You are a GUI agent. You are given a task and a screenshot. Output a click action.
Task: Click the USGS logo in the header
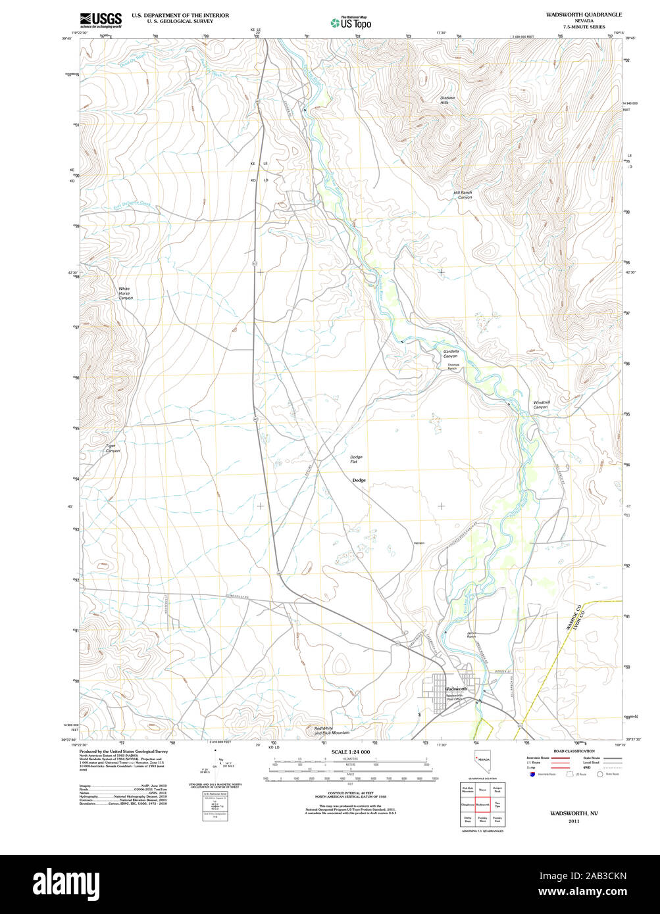(x=101, y=20)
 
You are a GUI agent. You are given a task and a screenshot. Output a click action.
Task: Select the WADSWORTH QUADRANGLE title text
(x=574, y=14)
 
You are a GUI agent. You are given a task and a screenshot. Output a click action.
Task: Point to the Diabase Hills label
(x=447, y=100)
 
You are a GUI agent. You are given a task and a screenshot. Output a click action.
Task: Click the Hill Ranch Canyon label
(x=463, y=195)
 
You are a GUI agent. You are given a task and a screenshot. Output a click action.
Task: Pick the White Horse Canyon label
(x=125, y=293)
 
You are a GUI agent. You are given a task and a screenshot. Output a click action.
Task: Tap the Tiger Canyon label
(x=113, y=448)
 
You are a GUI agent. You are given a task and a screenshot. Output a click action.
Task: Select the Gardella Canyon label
(x=450, y=354)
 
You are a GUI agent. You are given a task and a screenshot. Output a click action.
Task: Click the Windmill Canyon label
(x=540, y=404)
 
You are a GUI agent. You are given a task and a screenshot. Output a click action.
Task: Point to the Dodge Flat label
(x=356, y=459)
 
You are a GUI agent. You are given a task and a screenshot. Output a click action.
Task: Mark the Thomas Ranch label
(x=453, y=366)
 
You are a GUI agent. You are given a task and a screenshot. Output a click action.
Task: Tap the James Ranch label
(x=471, y=636)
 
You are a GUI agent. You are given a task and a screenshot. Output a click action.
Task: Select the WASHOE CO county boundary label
(x=570, y=620)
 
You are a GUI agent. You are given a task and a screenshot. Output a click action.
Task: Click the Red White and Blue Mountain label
(x=332, y=730)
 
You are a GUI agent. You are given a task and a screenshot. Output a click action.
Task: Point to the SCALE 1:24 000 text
(x=351, y=752)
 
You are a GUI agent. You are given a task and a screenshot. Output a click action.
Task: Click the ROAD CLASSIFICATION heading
(x=574, y=751)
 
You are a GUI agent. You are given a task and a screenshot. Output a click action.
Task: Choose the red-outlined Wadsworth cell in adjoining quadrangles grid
(x=482, y=804)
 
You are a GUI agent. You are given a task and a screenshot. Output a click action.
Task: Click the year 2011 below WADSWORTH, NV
(x=574, y=821)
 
